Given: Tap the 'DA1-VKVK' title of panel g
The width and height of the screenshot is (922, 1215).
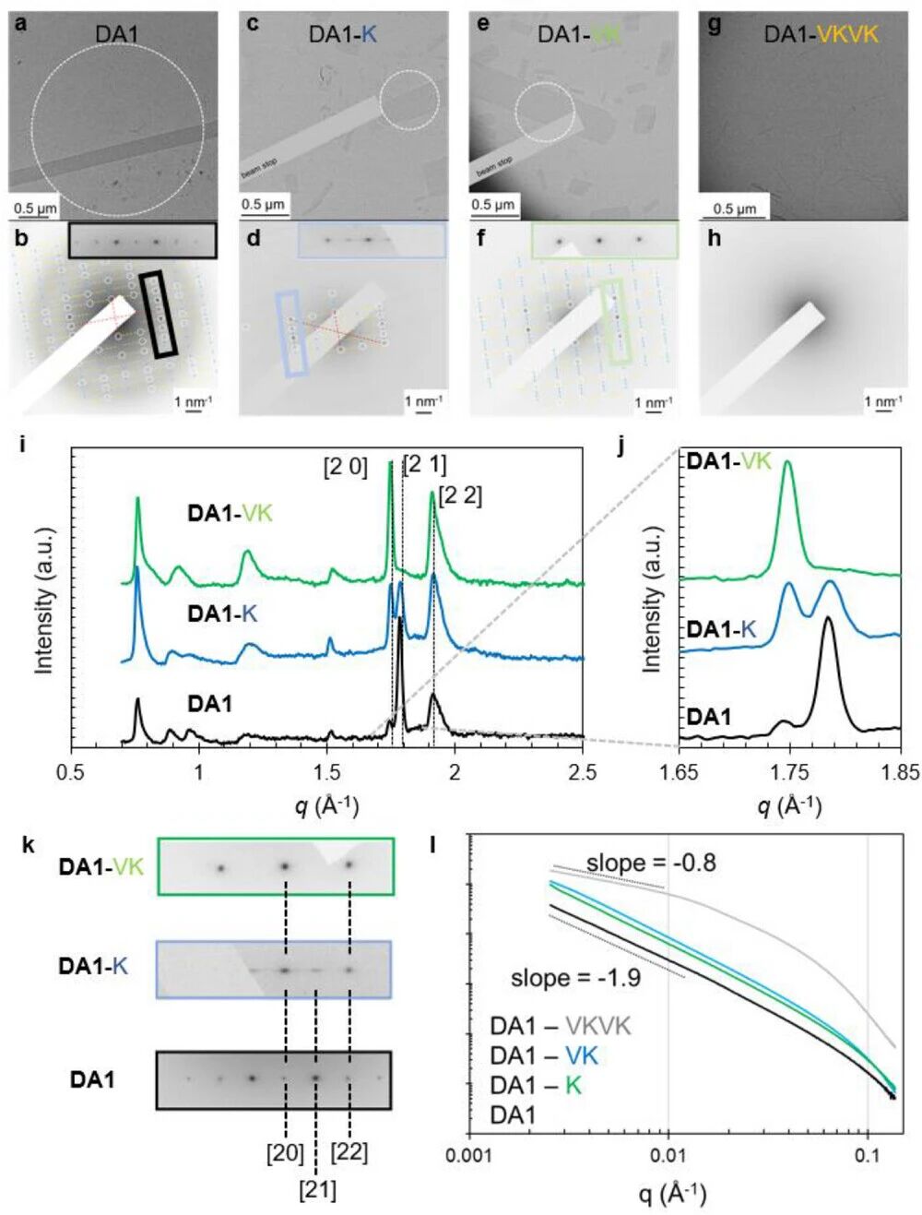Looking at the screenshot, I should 821,35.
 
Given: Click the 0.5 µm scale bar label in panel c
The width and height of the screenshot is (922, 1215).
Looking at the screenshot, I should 264,204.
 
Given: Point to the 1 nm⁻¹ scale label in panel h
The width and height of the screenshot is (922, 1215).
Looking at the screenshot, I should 883,400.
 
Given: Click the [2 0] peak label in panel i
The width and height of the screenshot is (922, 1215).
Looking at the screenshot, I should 345,468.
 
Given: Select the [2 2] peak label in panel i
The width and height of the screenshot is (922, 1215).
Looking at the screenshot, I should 460,496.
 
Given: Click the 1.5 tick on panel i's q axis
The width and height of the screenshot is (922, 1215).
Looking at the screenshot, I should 326,772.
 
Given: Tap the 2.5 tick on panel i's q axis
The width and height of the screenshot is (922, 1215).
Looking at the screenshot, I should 582,772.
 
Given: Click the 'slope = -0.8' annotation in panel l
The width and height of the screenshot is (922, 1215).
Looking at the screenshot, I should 651,864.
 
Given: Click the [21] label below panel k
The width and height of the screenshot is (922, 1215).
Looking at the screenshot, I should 317,1190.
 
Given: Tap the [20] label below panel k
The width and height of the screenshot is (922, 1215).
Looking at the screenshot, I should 285,1152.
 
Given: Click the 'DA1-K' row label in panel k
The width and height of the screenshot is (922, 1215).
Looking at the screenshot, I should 92,966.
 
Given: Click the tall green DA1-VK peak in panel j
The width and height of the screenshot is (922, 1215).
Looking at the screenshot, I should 787,465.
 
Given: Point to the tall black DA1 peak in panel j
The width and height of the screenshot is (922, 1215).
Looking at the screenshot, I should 828,620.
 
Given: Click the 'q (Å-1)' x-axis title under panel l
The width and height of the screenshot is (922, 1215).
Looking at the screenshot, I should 673,1194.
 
